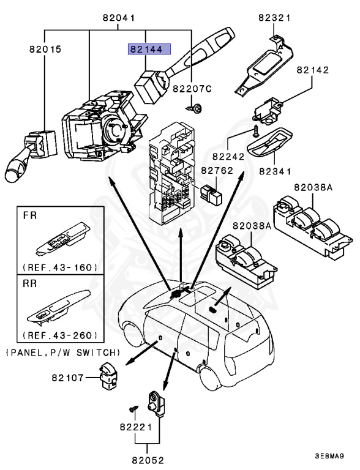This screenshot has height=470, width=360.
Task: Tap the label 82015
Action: (45, 48)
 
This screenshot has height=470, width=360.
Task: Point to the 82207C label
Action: (192, 89)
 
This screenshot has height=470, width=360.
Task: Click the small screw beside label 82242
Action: (256, 130)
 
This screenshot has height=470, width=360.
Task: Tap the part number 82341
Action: (274, 171)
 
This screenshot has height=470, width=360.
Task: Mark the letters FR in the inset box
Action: (31, 216)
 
